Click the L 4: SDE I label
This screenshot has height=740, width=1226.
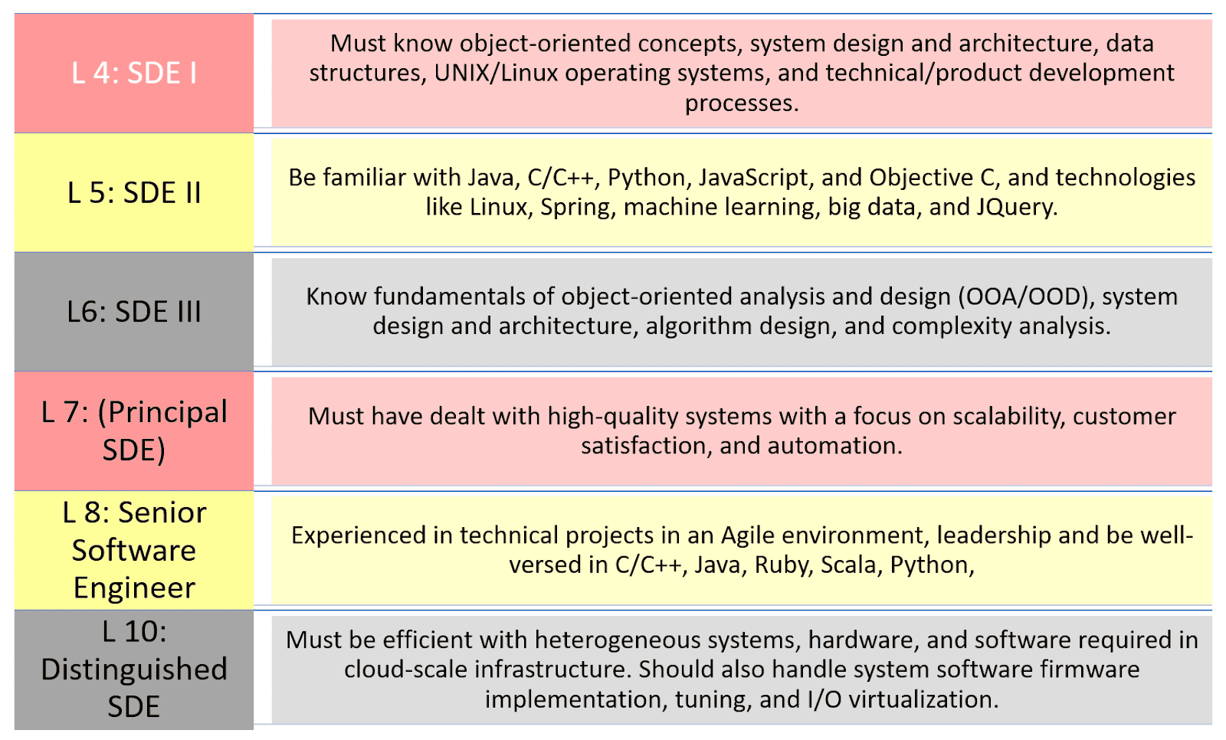(134, 73)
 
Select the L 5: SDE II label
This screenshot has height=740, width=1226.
(134, 192)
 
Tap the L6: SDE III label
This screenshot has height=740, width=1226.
(134, 312)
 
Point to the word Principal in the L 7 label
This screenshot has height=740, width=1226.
(162, 413)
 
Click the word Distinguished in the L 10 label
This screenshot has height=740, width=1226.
(134, 670)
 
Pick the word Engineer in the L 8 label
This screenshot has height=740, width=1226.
(134, 588)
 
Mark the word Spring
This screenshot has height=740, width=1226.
(578, 208)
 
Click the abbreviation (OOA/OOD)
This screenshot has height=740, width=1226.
(1026, 296)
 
